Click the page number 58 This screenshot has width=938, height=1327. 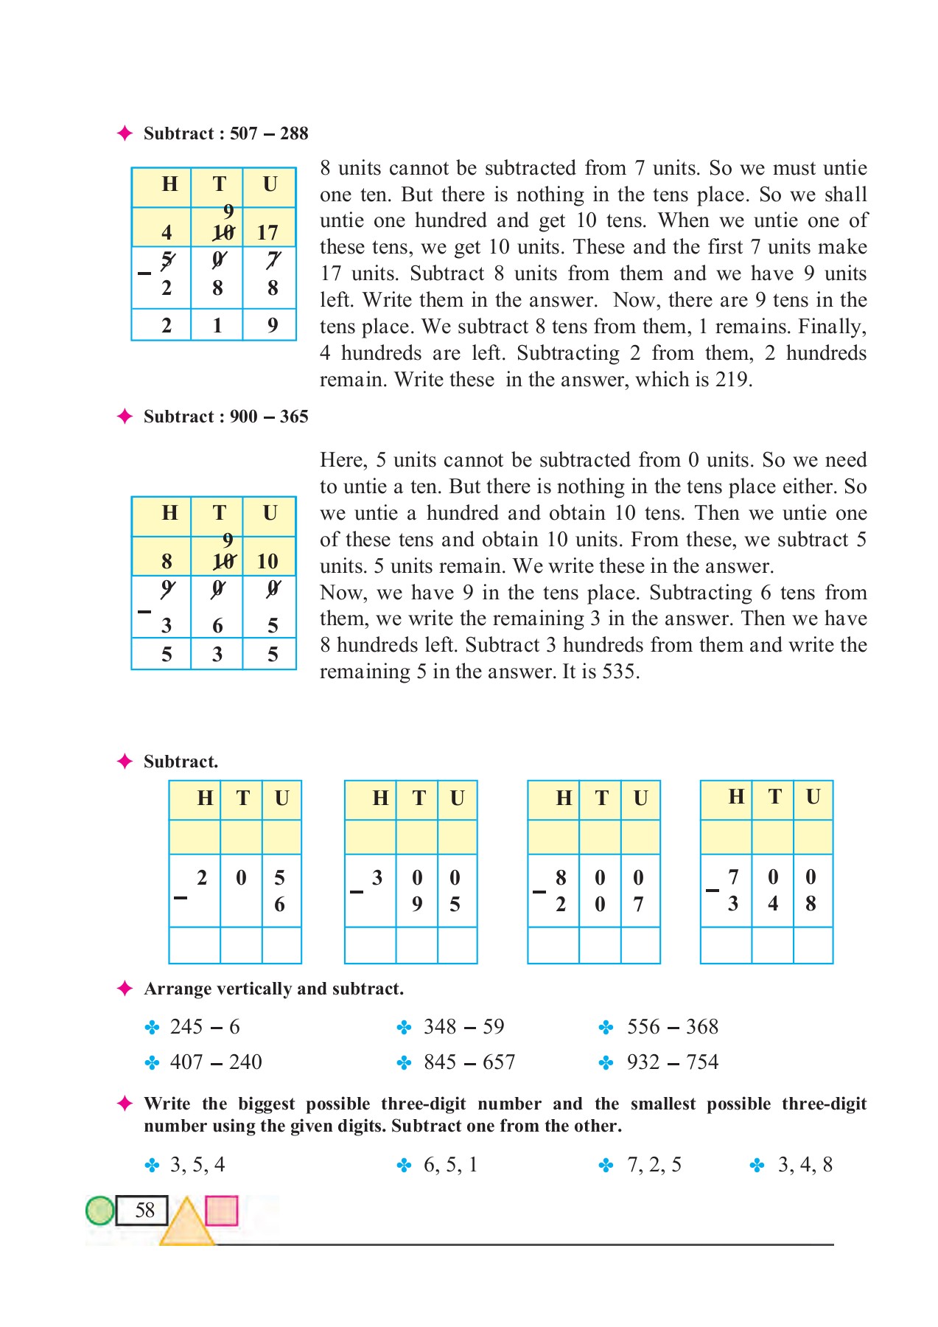tap(145, 1210)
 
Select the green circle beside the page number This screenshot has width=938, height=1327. tap(100, 1210)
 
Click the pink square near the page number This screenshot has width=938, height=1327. tap(221, 1210)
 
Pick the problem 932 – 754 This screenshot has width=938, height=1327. tap(672, 1062)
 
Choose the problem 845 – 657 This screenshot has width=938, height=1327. tap(469, 1062)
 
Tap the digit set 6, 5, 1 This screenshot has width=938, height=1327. tap(450, 1164)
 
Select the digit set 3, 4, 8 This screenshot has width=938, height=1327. tap(805, 1164)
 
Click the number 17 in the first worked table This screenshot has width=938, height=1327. tap(267, 233)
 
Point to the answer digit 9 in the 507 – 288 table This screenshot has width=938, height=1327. tap(273, 325)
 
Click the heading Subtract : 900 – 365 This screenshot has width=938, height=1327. tap(225, 417)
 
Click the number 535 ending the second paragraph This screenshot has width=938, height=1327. tap(620, 672)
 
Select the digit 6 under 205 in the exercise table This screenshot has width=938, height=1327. tap(279, 905)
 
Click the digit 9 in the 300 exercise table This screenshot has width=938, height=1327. tap(417, 905)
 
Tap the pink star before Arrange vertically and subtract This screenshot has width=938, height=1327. tap(125, 989)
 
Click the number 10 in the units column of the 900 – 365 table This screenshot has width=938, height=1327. tap(267, 562)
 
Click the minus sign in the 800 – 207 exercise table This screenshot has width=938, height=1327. tap(539, 891)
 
